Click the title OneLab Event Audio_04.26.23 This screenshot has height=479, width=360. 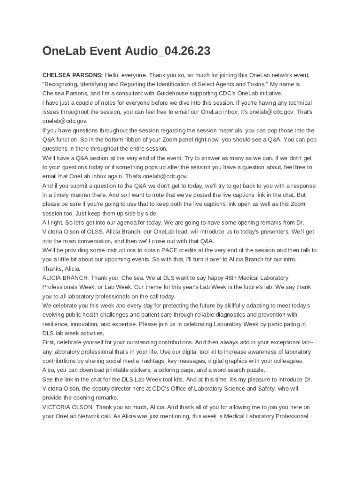[x=126, y=51]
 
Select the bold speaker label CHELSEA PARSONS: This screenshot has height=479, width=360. [x=72, y=75]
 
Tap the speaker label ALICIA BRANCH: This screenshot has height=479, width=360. [x=65, y=278]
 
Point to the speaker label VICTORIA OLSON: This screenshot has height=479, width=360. [x=67, y=407]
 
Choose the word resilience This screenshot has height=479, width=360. [x=57, y=324]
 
